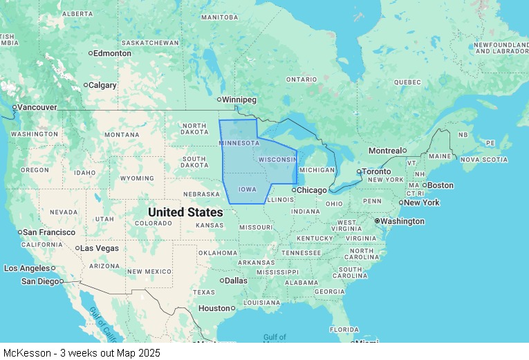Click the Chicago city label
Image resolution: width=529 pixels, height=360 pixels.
[312, 190]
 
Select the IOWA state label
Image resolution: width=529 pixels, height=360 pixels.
[247, 189]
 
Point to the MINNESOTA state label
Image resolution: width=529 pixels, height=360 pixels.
[239, 143]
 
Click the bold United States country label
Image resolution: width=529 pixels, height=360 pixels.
[185, 212]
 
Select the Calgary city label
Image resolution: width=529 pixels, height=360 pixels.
[102, 85]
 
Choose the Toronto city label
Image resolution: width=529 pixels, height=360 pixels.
[377, 171]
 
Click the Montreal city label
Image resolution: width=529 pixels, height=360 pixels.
[384, 151]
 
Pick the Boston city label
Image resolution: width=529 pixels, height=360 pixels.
[440, 185]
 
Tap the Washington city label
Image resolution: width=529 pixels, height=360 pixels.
[402, 221]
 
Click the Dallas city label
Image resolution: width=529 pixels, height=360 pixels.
[235, 281]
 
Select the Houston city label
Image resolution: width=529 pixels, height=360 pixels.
[214, 308]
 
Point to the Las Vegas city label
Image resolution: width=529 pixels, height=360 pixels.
[99, 248]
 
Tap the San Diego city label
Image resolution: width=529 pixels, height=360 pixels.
[40, 281]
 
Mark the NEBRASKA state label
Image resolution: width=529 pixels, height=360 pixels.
[201, 194]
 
